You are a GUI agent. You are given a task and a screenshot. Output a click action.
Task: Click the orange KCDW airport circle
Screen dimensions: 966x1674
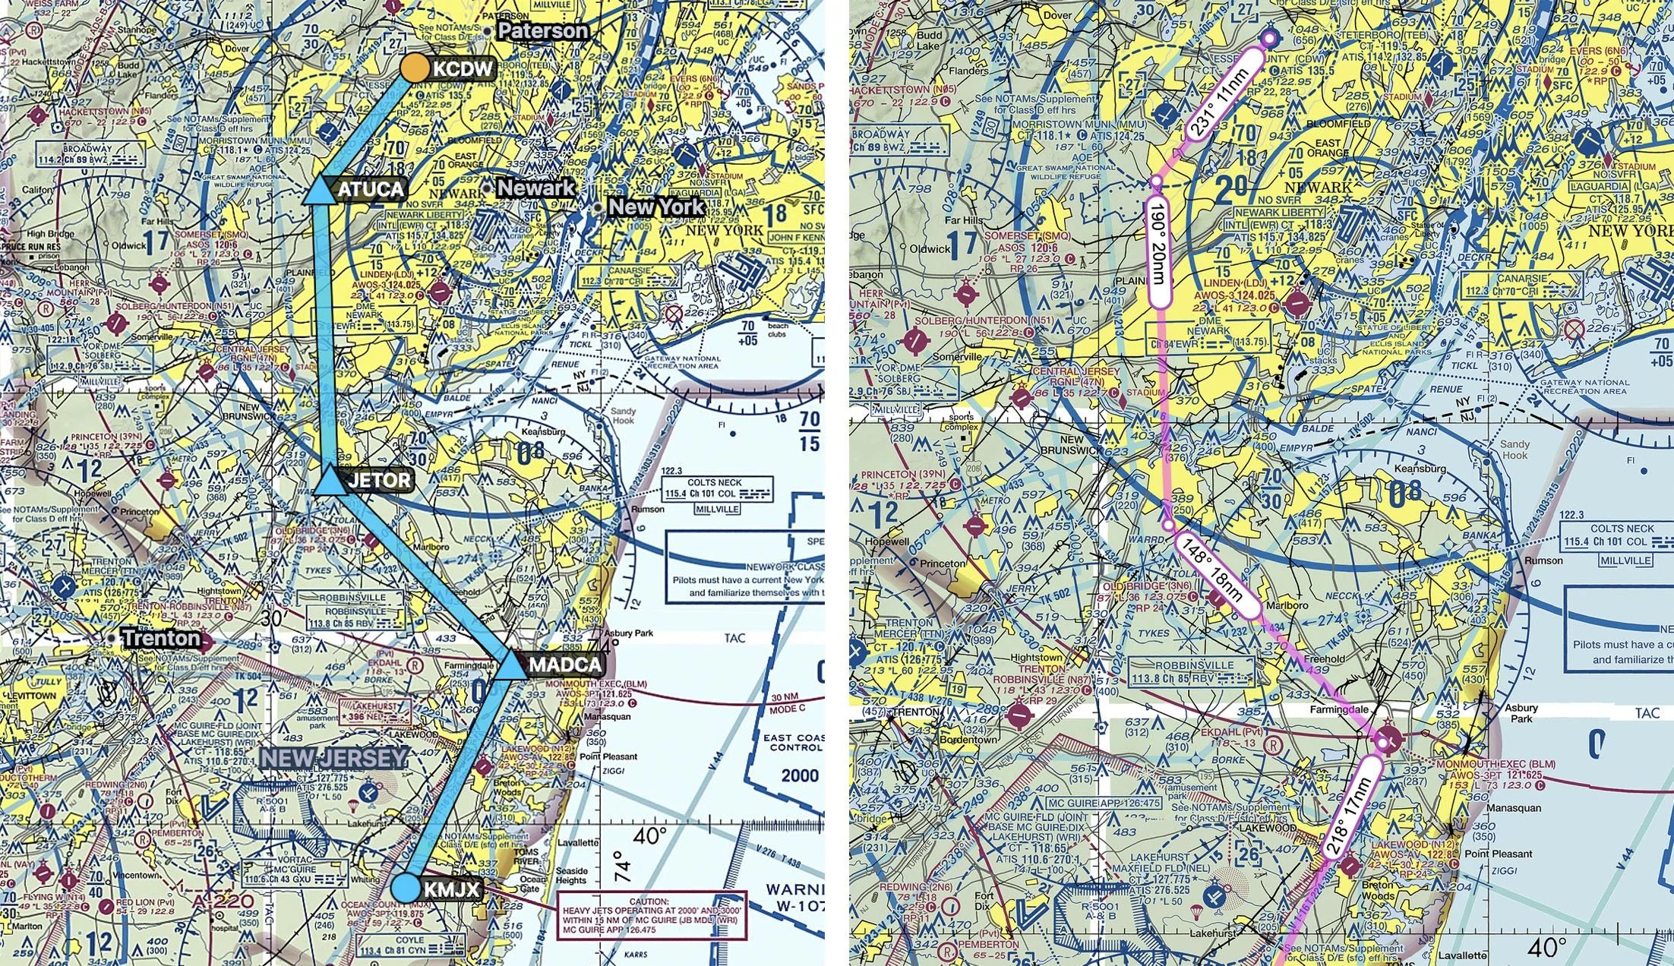coord(415,68)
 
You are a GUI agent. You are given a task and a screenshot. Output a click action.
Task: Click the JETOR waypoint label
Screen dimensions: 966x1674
coord(379,480)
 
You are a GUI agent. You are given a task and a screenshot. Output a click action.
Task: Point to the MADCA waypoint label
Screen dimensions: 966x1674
coord(565,665)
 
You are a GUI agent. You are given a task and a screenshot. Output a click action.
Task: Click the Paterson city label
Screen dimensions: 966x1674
coord(542,31)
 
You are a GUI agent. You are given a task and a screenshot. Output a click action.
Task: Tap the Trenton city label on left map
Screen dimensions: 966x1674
coord(162,638)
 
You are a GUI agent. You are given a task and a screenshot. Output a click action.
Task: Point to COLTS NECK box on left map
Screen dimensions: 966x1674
coord(716,489)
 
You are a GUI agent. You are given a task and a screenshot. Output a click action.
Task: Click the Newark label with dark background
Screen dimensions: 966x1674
coord(535,188)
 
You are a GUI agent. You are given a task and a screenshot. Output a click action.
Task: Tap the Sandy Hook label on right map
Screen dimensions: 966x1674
coord(1514,449)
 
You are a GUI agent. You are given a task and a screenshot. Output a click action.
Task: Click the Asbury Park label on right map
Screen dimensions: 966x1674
coord(1521,712)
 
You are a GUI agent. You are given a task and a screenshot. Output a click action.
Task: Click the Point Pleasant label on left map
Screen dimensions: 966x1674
coord(608,756)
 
